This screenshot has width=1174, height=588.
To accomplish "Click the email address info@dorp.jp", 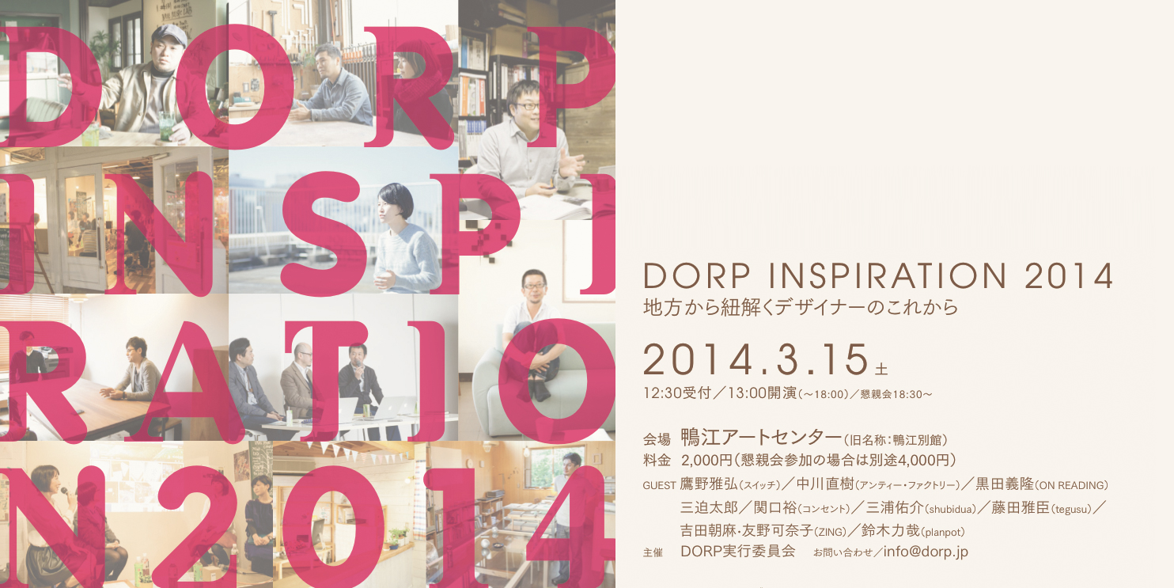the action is (x=926, y=552).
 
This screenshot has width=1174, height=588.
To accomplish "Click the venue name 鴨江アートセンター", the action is (x=760, y=438).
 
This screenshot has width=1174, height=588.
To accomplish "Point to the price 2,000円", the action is (x=706, y=461).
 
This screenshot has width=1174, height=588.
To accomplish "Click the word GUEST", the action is (x=659, y=486).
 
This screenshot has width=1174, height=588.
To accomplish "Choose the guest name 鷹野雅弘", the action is (x=709, y=484).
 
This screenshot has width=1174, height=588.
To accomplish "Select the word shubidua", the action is (x=949, y=510).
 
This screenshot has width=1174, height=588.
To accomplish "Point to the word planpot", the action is (x=942, y=533).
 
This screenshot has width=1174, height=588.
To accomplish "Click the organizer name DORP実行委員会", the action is (x=738, y=552).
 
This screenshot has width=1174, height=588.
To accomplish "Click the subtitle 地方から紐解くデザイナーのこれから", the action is (x=801, y=307).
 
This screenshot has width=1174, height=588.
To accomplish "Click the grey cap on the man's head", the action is (x=169, y=36).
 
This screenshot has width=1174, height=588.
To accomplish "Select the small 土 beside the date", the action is (x=881, y=369).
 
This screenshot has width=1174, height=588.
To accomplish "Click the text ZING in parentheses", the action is (x=830, y=533).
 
